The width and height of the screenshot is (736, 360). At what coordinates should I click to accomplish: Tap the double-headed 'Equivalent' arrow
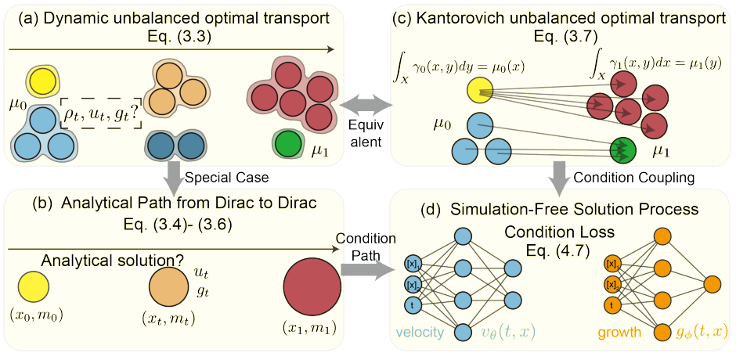pos(364,104)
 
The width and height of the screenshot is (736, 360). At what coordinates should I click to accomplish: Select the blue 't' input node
pos(413,305)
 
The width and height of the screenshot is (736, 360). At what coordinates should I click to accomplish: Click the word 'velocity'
pos(422,333)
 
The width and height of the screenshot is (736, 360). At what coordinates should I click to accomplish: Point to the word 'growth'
pos(619,333)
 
